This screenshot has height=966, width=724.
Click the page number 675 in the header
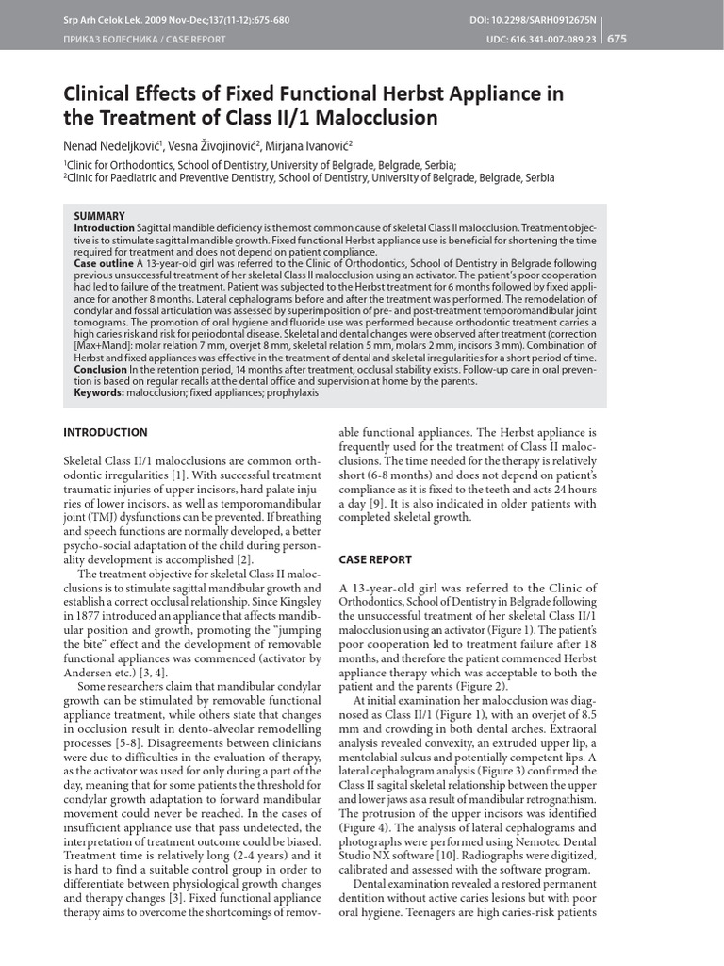click(617, 39)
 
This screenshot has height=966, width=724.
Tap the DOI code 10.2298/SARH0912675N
click(564, 19)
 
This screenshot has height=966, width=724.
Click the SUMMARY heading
click(99, 216)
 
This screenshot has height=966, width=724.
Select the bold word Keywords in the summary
click(99, 392)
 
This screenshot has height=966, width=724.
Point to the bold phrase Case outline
click(105, 265)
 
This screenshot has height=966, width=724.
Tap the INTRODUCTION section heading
click(105, 432)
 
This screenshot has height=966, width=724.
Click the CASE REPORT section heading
click(375, 559)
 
